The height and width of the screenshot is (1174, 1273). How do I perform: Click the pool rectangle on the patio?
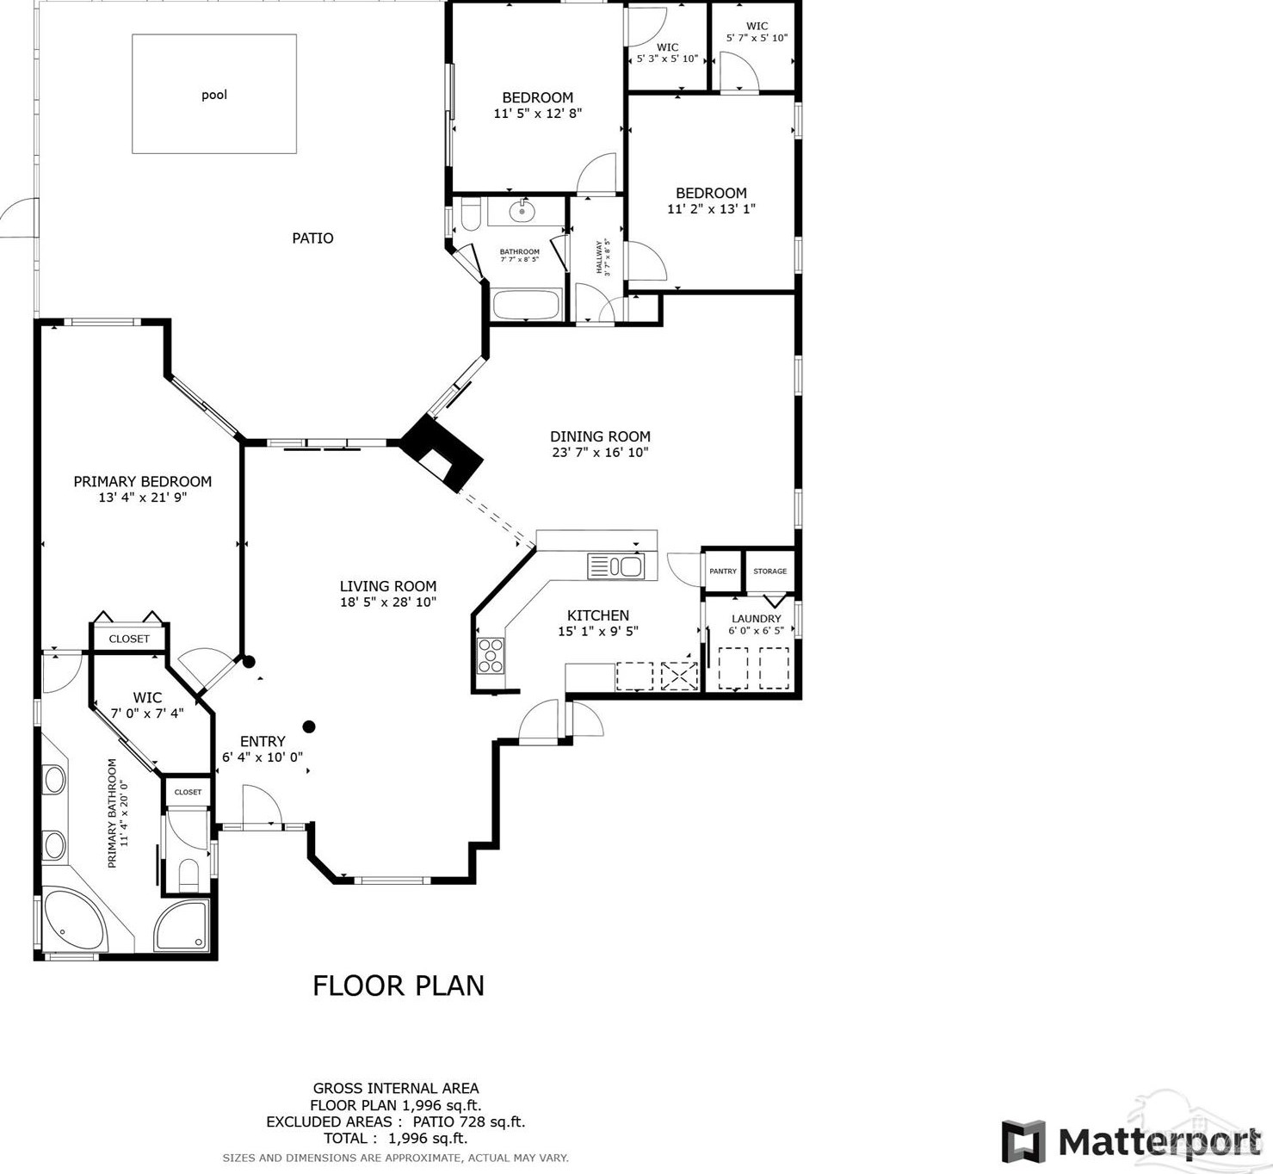coord(214,94)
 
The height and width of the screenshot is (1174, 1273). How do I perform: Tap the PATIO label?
coord(312,238)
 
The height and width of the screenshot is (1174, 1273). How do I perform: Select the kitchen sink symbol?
coord(615,567)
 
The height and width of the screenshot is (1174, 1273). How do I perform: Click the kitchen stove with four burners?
coord(491,656)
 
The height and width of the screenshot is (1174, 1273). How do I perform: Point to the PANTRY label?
coord(723,572)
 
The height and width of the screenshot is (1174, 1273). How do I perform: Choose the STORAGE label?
coord(769,572)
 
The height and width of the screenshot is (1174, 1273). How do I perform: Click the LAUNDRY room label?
coord(757,619)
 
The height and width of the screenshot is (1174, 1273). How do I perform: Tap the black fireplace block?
coord(442,453)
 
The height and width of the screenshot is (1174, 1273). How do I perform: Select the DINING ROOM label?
coord(600,436)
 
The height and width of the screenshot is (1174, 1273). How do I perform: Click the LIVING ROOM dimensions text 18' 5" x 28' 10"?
coord(388,602)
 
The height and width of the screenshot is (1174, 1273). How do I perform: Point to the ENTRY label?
coord(263,741)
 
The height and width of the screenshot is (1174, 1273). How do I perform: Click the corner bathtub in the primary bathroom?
coord(74,919)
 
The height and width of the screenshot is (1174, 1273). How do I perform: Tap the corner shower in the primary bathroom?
coord(182,925)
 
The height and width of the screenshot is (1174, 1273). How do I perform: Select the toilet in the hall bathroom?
coord(471,214)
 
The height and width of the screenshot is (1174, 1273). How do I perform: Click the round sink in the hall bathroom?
coord(522,211)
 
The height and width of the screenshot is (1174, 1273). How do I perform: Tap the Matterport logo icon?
coord(1023,1141)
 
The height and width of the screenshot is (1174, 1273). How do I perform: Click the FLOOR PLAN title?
coord(398,986)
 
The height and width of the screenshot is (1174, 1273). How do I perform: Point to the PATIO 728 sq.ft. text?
coord(468,1121)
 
